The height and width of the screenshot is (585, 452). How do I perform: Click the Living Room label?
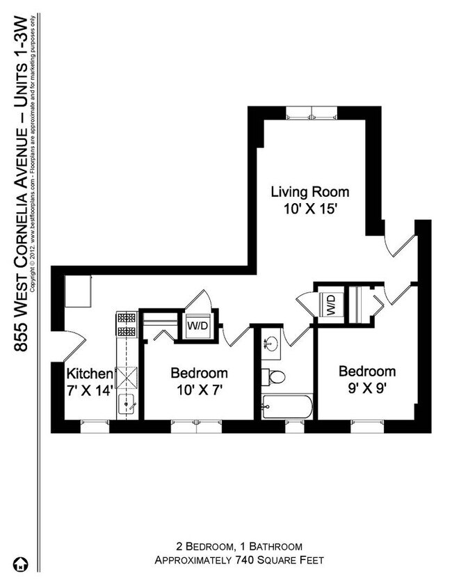point(309,191)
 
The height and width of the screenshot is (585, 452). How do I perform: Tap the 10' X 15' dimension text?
point(309,208)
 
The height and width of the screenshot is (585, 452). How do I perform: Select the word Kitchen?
point(89,372)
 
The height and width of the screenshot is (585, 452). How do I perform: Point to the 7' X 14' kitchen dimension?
point(89,390)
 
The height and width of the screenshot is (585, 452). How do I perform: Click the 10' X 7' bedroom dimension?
point(199,390)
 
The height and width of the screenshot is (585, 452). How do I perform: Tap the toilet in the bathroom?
point(275,378)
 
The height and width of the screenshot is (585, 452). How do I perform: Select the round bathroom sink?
point(272,344)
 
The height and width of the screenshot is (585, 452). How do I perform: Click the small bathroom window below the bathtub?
point(294,424)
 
